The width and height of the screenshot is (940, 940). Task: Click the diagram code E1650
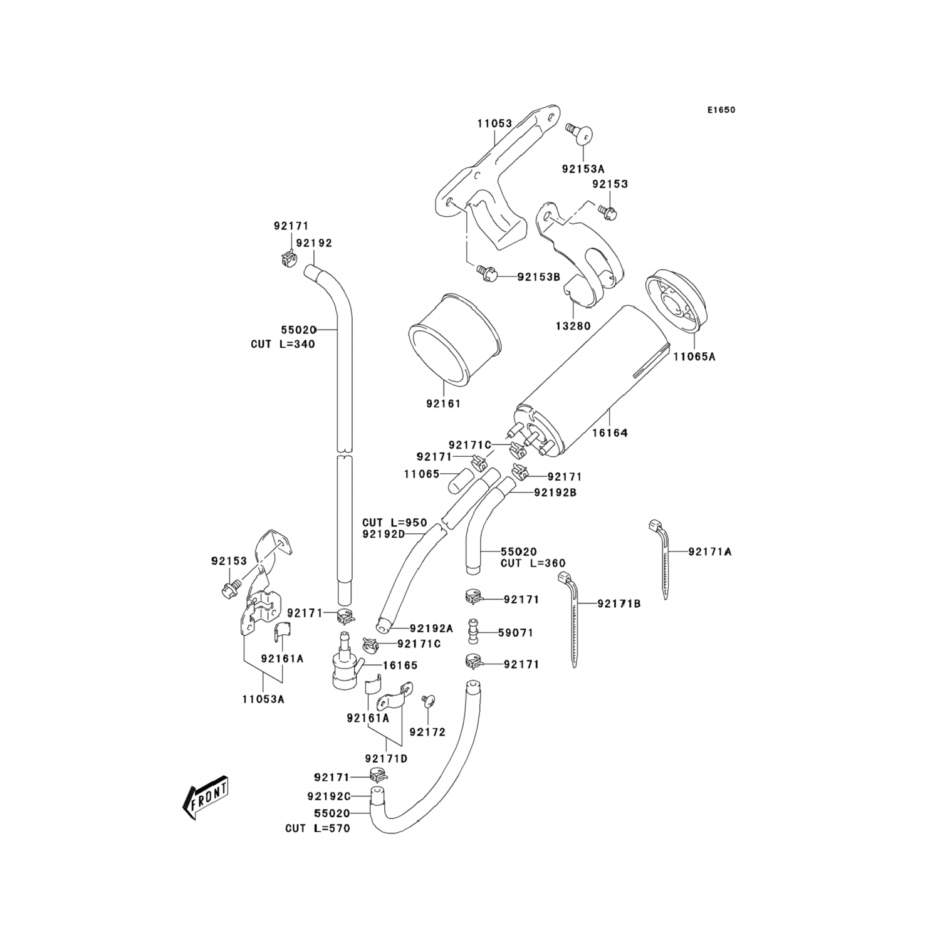(x=721, y=110)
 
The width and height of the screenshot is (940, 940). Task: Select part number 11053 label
(x=494, y=124)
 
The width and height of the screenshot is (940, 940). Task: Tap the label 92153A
(x=583, y=169)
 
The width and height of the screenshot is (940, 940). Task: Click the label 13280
(x=573, y=326)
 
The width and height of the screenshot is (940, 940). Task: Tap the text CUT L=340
(x=283, y=344)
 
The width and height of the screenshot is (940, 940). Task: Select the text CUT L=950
(x=394, y=523)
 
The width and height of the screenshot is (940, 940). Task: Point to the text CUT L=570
(x=318, y=828)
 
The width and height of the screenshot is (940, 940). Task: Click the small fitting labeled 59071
(x=473, y=632)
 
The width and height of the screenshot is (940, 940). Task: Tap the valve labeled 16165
(x=343, y=667)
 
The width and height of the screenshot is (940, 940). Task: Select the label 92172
(x=427, y=731)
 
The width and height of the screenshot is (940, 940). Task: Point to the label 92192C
(x=328, y=796)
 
